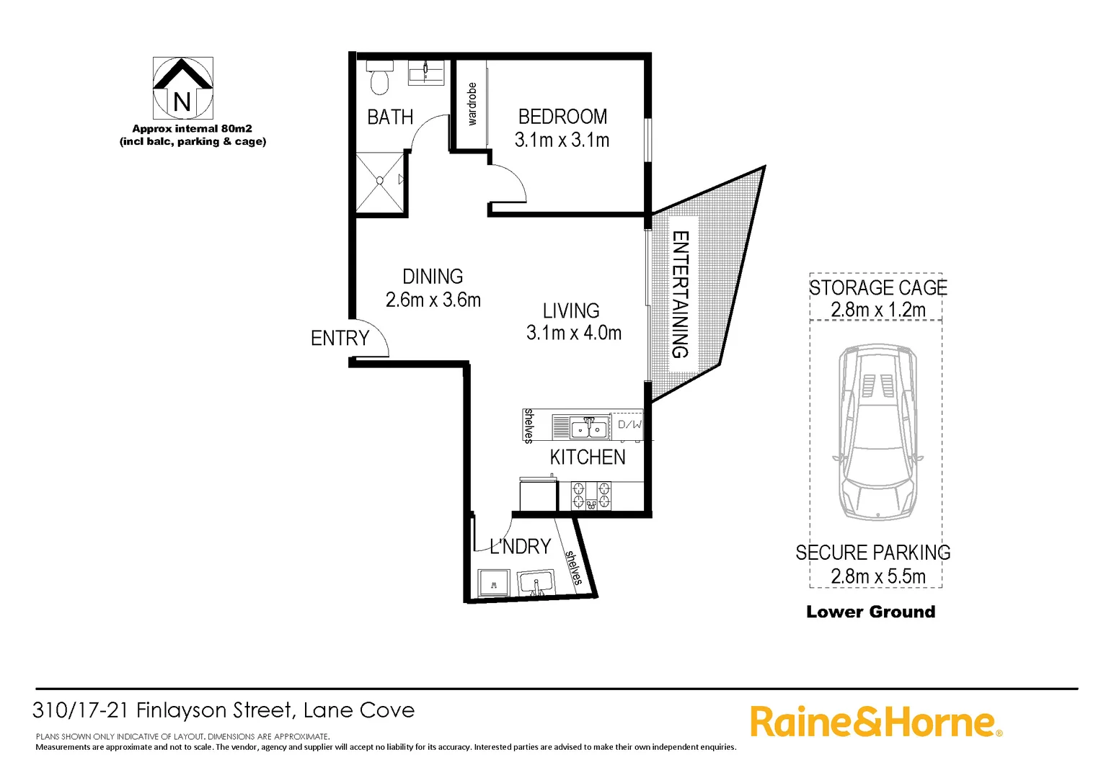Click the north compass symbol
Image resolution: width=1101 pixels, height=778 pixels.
(x=183, y=89)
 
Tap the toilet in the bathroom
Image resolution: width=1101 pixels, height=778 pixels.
(x=379, y=79)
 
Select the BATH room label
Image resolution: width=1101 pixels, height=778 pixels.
(x=390, y=117)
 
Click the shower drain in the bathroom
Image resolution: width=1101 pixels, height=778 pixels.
(x=380, y=181)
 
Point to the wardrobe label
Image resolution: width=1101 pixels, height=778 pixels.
(x=472, y=104)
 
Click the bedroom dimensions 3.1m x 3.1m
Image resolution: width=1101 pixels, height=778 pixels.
(x=562, y=140)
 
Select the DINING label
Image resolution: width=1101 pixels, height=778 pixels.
(x=433, y=277)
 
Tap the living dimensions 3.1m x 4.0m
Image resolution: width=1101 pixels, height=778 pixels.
(x=573, y=333)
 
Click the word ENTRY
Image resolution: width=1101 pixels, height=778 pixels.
(x=340, y=338)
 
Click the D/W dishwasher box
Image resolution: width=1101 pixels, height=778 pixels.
(x=629, y=425)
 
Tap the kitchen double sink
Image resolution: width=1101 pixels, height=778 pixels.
(x=589, y=428)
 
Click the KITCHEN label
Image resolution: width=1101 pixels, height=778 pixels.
(x=588, y=457)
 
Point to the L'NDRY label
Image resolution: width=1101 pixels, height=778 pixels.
(x=520, y=547)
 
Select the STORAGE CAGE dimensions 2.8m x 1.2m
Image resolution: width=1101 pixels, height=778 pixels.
(x=877, y=310)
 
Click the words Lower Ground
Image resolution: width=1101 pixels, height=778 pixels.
(x=870, y=612)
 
